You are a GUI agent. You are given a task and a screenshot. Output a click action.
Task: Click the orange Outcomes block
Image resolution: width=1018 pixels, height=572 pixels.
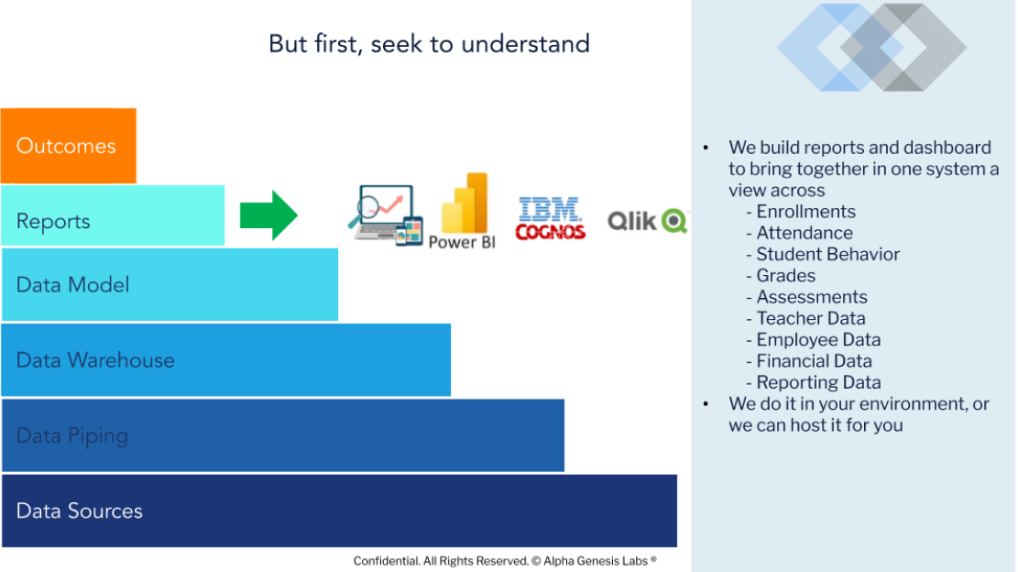[x=68, y=146]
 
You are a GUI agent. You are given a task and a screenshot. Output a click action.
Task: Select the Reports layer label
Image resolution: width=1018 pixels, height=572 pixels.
[x=53, y=222]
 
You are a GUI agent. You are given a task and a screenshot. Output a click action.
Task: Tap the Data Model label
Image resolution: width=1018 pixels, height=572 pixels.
[x=72, y=285]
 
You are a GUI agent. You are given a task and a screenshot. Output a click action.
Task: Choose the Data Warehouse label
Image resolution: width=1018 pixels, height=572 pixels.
[x=95, y=360]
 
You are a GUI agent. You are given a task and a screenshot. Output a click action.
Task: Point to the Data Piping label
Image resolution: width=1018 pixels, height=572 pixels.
[x=72, y=436]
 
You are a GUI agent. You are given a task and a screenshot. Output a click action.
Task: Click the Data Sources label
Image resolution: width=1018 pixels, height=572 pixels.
[x=79, y=511]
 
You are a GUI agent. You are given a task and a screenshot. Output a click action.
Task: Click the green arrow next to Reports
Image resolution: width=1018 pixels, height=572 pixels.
[x=268, y=215]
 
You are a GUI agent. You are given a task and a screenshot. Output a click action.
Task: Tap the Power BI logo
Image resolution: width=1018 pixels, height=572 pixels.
[x=462, y=211]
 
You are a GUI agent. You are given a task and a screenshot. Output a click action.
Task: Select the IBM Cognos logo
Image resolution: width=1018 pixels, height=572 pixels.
[x=551, y=219]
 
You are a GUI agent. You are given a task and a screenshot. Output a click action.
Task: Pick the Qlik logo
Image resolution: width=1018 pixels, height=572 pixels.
[x=647, y=222]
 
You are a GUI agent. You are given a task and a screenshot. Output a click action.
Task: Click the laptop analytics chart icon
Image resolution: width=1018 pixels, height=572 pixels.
[x=386, y=214]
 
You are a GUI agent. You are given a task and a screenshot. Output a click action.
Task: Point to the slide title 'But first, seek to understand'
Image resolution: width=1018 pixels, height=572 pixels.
[x=429, y=44]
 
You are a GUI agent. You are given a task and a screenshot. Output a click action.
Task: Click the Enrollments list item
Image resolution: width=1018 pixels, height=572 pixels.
[x=805, y=212]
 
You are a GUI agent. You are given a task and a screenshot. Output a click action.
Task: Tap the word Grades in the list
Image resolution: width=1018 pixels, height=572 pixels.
[x=785, y=276]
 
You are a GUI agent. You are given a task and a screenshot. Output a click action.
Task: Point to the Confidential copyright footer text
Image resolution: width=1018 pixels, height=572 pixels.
[x=505, y=561]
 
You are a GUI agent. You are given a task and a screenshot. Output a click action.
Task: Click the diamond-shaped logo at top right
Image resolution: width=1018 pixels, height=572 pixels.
[x=871, y=48]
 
